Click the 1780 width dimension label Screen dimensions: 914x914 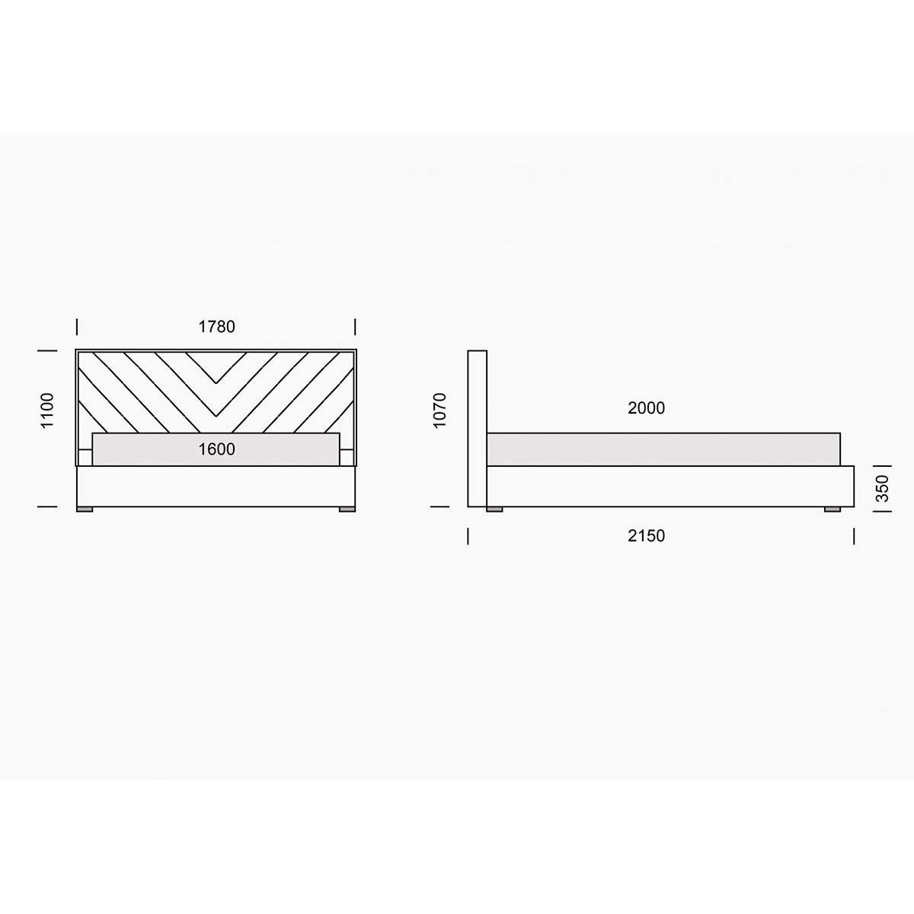[x=217, y=327]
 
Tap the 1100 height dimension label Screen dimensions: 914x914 [x=47, y=411]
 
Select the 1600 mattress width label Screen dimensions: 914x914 [x=217, y=449]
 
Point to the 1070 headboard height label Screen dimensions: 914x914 [x=440, y=411]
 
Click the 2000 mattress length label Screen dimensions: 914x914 [x=646, y=408]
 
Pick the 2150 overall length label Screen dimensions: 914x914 [x=646, y=536]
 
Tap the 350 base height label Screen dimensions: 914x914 [x=882, y=488]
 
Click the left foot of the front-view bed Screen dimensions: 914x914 [x=85, y=510]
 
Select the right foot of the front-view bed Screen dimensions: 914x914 [x=347, y=510]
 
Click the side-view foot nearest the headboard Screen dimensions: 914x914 [x=495, y=510]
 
